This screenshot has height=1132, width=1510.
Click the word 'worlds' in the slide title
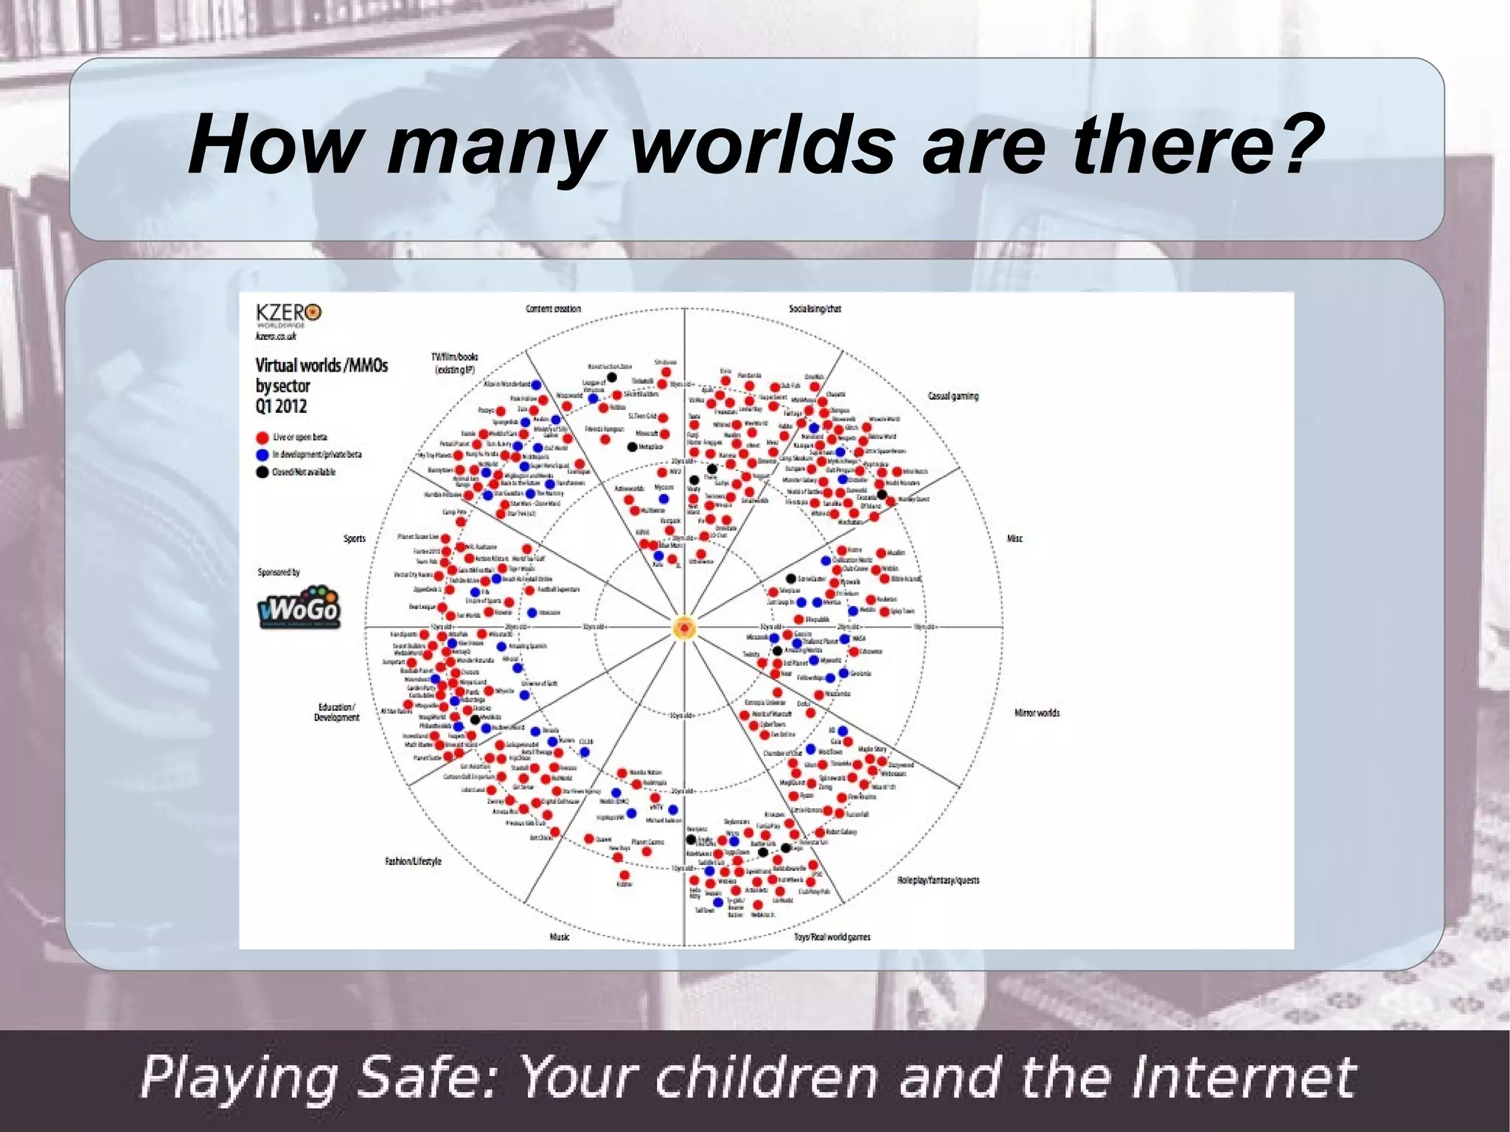pyautogui.click(x=762, y=145)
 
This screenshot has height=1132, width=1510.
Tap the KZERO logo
pyautogui.click(x=288, y=314)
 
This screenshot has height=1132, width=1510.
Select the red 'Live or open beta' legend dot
pyautogui.click(x=262, y=437)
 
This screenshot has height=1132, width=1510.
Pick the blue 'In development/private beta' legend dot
pyautogui.click(x=262, y=455)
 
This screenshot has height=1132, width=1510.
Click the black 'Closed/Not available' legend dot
pyautogui.click(x=262, y=473)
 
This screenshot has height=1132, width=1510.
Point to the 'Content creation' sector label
pyautogui.click(x=553, y=309)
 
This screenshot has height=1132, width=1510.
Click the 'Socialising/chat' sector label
pyautogui.click(x=815, y=309)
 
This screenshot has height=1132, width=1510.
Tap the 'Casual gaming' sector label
pyautogui.click(x=953, y=396)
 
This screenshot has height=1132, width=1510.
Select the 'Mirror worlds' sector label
pyautogui.click(x=1037, y=713)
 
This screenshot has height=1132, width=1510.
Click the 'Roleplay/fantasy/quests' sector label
pyautogui.click(x=938, y=880)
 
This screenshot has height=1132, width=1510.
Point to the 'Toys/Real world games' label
pyautogui.click(x=832, y=937)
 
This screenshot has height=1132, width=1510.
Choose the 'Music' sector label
pyautogui.click(x=559, y=937)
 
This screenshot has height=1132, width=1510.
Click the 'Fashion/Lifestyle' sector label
pyautogui.click(x=413, y=861)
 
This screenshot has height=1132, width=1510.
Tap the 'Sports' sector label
pyautogui.click(x=355, y=539)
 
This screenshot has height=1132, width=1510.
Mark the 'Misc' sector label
pyautogui.click(x=1015, y=539)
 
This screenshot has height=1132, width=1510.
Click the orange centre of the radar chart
pyautogui.click(x=684, y=628)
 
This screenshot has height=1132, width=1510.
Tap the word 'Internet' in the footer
pyautogui.click(x=1243, y=1077)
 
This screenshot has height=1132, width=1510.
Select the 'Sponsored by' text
pyautogui.click(x=279, y=572)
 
